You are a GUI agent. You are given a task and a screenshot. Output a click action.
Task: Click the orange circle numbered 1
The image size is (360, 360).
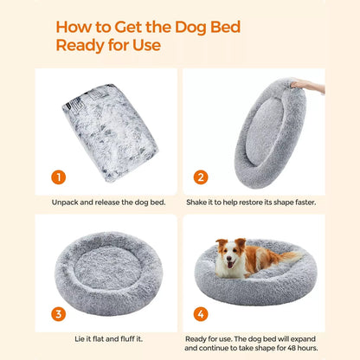coord(58,177)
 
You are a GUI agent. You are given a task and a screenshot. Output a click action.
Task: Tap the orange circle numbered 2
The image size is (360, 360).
coord(201,177)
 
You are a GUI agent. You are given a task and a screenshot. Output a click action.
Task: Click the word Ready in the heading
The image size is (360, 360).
coord(83,42)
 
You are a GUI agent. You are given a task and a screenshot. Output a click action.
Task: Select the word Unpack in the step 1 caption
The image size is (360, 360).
coord(66,202)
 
